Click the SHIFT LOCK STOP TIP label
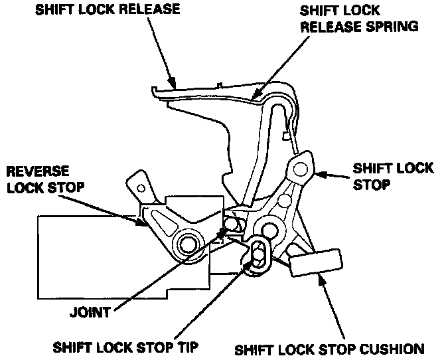(127, 346)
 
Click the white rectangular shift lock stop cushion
(315, 262)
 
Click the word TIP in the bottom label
(188, 346)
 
